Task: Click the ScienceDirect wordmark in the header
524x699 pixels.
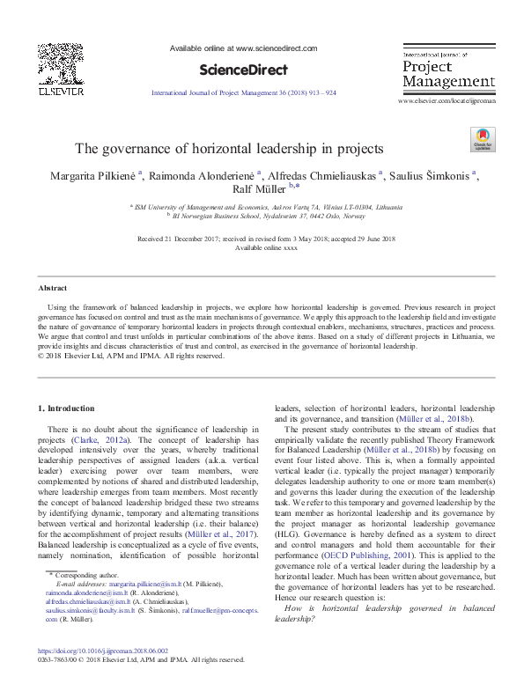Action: click(x=237, y=70)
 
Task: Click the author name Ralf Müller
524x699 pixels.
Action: click(x=261, y=190)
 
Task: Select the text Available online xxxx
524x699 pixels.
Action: click(x=261, y=247)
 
